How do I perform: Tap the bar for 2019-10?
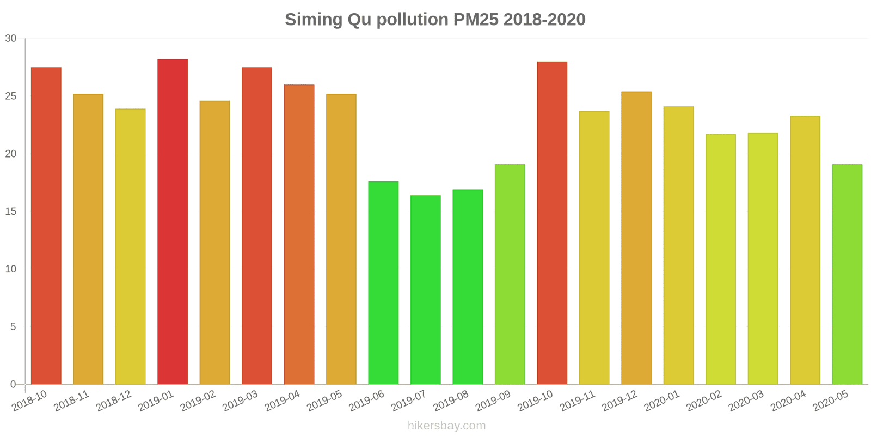tap(552, 223)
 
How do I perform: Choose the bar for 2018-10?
tap(46, 226)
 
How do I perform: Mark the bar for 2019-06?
tap(383, 283)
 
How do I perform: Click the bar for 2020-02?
tap(721, 259)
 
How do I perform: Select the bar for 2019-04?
tap(299, 234)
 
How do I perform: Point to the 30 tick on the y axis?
tap(11, 39)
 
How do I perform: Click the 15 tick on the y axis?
tap(11, 211)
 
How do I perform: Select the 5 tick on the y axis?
tap(13, 327)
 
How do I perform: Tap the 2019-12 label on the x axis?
tap(619, 401)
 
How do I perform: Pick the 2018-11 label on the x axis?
tap(72, 401)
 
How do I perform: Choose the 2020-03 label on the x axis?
tap(746, 401)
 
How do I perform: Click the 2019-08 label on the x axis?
tap(451, 401)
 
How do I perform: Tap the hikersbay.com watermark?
tap(446, 426)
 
